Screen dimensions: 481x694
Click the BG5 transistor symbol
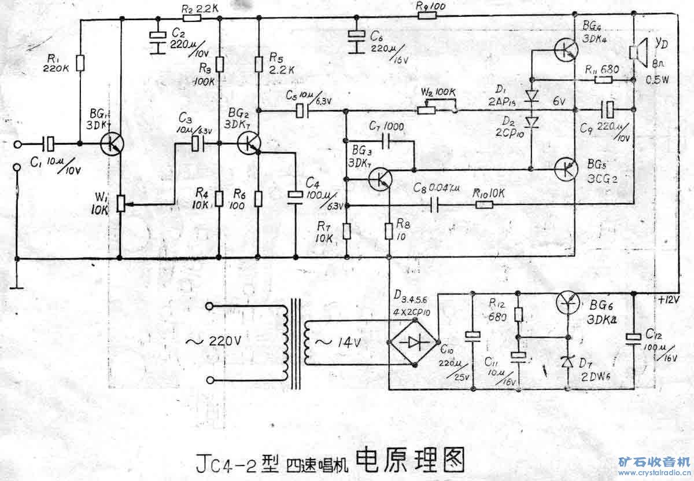[565, 169]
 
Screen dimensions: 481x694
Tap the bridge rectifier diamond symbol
[414, 342]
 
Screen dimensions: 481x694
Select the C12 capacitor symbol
[634, 338]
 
